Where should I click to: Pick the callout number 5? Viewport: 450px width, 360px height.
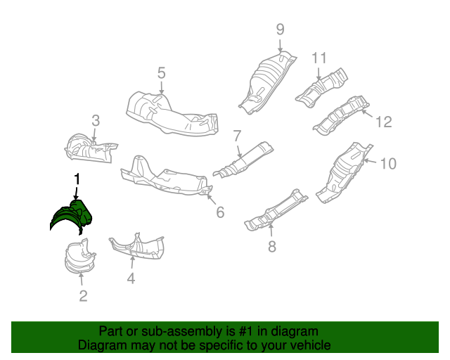click(161, 72)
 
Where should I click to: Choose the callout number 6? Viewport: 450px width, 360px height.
click(220, 211)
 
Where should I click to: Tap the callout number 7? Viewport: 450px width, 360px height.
click(237, 136)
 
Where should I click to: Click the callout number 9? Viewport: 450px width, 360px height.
click(280, 30)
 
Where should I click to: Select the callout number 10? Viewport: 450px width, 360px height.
click(388, 164)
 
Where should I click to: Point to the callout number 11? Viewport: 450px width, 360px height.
click(320, 58)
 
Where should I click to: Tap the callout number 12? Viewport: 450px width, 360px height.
click(382, 122)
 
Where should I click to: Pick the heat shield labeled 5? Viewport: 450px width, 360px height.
click(169, 112)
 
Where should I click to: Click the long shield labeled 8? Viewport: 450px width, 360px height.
click(274, 210)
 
